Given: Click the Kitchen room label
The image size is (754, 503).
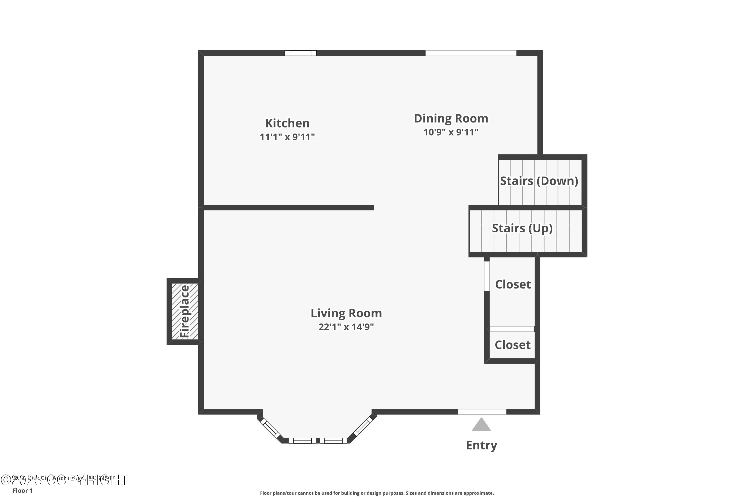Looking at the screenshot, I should point(287,123).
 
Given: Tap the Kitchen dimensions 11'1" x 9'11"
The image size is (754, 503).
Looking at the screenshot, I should point(287,137).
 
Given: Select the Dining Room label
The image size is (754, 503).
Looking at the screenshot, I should point(451,118).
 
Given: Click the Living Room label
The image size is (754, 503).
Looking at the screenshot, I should point(346,313).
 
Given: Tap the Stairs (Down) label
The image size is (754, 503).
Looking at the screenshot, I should point(539,181).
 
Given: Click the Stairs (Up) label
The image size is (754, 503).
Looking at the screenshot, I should point(522,228).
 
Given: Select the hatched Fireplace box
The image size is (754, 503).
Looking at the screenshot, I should point(185,311).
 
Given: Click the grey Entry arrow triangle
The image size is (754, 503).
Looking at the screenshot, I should point(481,425).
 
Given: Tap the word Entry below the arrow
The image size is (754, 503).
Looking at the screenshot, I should point(481,445).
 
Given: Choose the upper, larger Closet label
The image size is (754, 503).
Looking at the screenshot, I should point(513,284).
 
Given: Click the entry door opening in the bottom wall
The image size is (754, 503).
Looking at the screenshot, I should point(482,412).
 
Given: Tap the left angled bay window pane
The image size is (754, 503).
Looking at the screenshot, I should point(270,428).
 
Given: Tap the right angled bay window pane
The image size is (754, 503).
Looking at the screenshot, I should point(363,426).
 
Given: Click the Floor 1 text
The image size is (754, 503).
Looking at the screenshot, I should point(22,490).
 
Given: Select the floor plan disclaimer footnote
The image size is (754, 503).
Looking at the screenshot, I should point(377,493).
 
